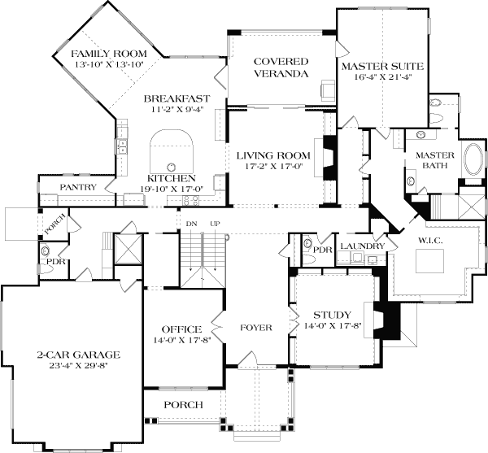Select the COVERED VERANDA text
281,68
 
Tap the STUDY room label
332,315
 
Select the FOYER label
255,328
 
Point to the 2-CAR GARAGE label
79,355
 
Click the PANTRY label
78,187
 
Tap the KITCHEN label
171,178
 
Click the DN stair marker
191,224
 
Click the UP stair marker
215,224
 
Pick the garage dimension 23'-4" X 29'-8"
79,366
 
